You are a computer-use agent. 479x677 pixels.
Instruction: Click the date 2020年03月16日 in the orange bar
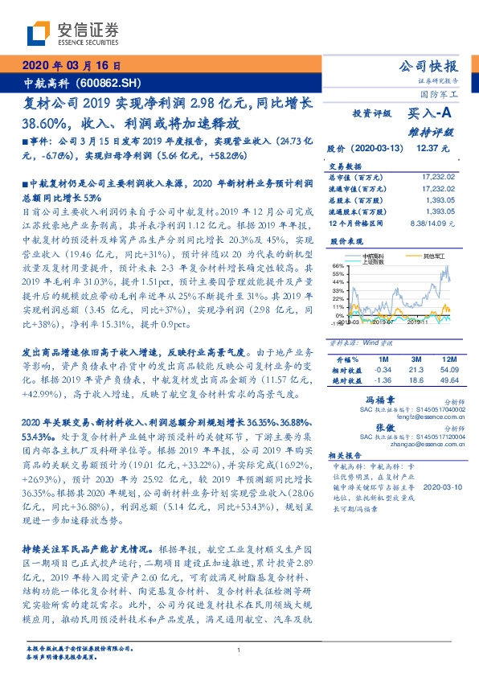[72, 66]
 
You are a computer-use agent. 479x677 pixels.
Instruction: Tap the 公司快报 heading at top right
[429, 66]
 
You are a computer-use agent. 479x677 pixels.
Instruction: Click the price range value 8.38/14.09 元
[434, 221]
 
